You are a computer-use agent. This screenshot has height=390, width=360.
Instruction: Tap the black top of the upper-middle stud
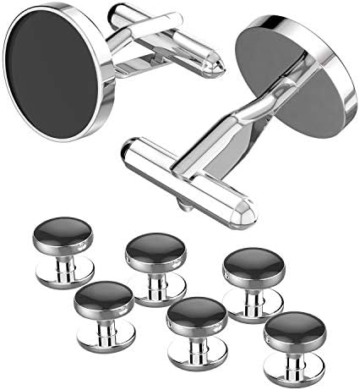(157, 248)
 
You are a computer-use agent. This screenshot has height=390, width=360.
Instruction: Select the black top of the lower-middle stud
(197, 314)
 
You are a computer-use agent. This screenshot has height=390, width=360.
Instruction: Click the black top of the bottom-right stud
(295, 329)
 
